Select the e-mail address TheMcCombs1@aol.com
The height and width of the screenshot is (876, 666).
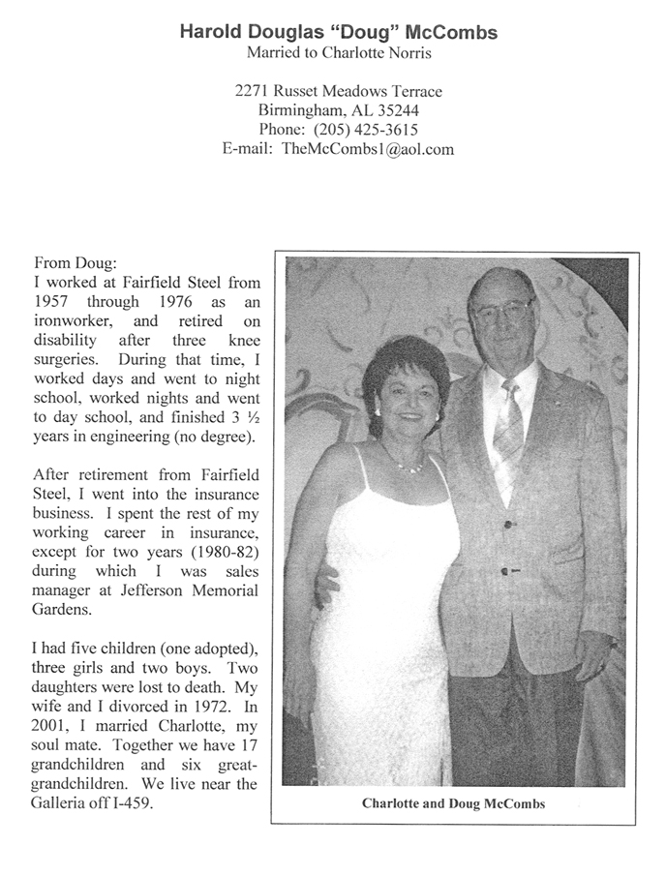[x=368, y=149]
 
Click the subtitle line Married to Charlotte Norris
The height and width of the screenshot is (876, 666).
[x=338, y=52]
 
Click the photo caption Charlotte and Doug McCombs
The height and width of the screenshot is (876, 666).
[x=453, y=803]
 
